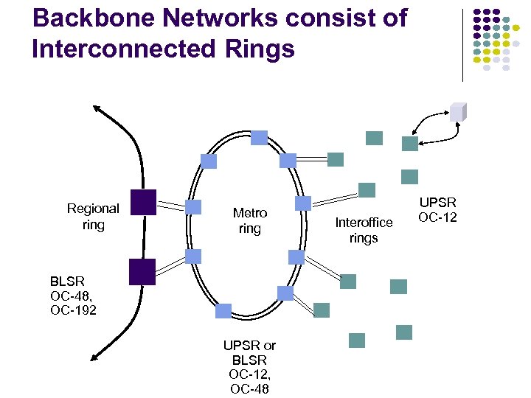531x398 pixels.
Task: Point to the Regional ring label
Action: pyautogui.click(x=93, y=217)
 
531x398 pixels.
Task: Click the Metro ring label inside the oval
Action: pyautogui.click(x=249, y=221)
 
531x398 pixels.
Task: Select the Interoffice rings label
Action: pyautogui.click(x=364, y=230)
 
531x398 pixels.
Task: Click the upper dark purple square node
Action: pyautogui.click(x=142, y=202)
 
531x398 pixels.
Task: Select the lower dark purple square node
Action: pyautogui.click(x=142, y=271)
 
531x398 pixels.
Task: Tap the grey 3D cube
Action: pyautogui.click(x=459, y=111)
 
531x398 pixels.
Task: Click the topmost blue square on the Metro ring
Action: pyautogui.click(x=259, y=137)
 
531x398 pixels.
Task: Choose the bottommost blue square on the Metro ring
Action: pyautogui.click(x=223, y=311)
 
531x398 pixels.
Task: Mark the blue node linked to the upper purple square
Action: pyautogui.click(x=193, y=207)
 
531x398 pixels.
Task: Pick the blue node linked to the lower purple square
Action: pyautogui.click(x=193, y=256)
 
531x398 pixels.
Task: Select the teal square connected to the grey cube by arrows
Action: pyautogui.click(x=409, y=144)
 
